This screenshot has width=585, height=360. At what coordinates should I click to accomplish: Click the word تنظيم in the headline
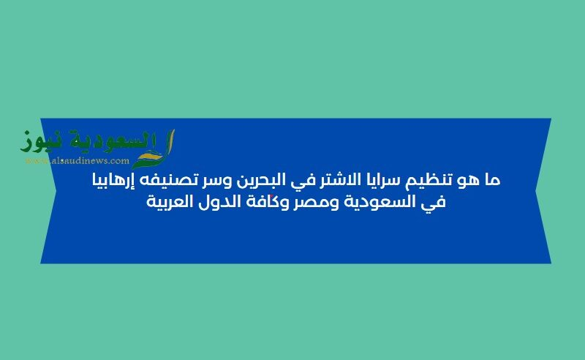coord(438,180)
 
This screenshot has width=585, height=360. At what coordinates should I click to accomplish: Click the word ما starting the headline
coord(492,180)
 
